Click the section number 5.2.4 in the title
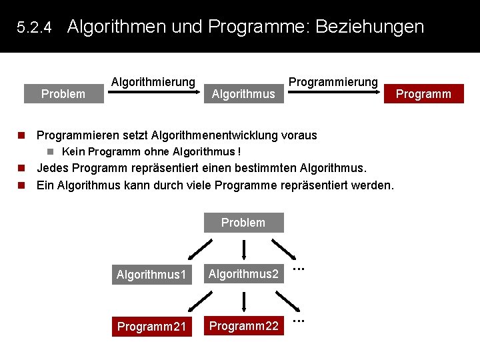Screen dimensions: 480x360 click(x=34, y=28)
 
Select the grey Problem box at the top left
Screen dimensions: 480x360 click(x=63, y=94)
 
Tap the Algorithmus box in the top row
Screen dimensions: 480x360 click(x=243, y=94)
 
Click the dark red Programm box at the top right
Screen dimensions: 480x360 click(x=423, y=94)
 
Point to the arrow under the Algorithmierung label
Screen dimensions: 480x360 click(x=153, y=94)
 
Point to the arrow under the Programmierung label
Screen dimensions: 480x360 click(x=333, y=94)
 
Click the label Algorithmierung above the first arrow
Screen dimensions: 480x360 click(x=153, y=82)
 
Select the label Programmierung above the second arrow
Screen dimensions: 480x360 click(x=333, y=82)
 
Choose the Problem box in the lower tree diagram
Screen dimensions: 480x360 click(x=243, y=223)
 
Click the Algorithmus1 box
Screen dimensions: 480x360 click(x=152, y=274)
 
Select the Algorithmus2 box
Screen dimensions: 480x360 click(x=243, y=273)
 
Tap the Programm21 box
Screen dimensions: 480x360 click(x=152, y=327)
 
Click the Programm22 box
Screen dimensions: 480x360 click(x=243, y=326)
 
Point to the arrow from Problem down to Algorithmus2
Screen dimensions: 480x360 click(x=244, y=248)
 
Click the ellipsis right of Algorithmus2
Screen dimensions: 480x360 click(x=299, y=269)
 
